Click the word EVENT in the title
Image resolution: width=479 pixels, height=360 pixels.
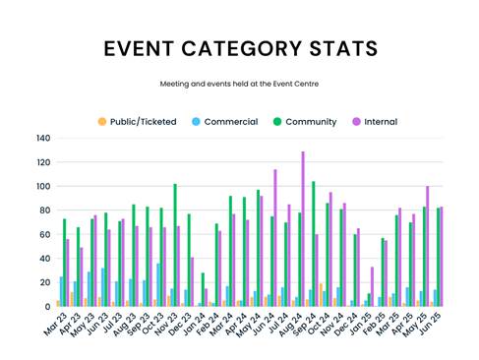(144, 49)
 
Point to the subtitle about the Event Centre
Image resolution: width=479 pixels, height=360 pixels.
(239, 85)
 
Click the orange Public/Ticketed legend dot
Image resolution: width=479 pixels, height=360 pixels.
(102, 122)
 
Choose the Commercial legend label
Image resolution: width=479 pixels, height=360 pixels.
(230, 122)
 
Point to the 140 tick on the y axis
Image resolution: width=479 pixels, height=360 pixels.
(42, 139)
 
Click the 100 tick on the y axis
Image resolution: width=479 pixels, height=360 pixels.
(42, 187)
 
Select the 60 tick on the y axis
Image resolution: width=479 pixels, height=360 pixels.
(44, 235)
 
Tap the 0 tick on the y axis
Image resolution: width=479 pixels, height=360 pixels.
(47, 307)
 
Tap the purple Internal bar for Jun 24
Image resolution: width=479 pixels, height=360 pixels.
(275, 238)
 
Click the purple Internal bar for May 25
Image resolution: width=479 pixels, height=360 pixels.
(428, 246)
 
